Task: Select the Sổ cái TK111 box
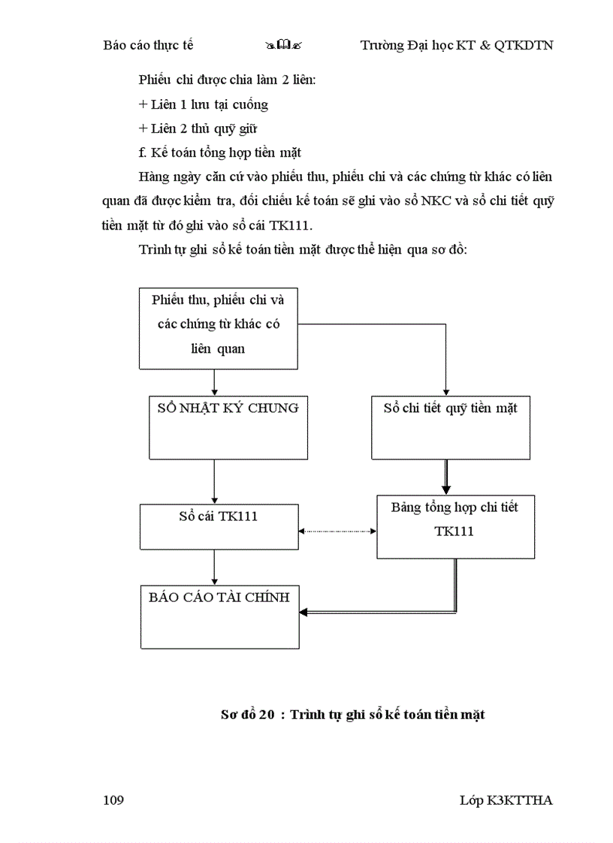[x=219, y=525]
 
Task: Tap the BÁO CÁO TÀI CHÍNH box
[x=219, y=616]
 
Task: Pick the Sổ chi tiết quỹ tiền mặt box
[x=451, y=427]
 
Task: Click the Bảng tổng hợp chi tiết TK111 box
[x=455, y=526]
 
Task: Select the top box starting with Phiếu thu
[x=218, y=327]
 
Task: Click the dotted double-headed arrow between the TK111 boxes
[x=337, y=531]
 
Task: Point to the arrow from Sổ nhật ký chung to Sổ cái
[x=215, y=481]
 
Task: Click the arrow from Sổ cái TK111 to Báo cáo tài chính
[x=215, y=566]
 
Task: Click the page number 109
[x=113, y=800]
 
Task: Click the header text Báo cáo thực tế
[x=148, y=45]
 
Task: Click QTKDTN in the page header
[x=524, y=45]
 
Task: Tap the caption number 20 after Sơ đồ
[x=266, y=715]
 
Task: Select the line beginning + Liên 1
[x=203, y=104]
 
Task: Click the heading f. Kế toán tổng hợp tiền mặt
[x=219, y=153]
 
